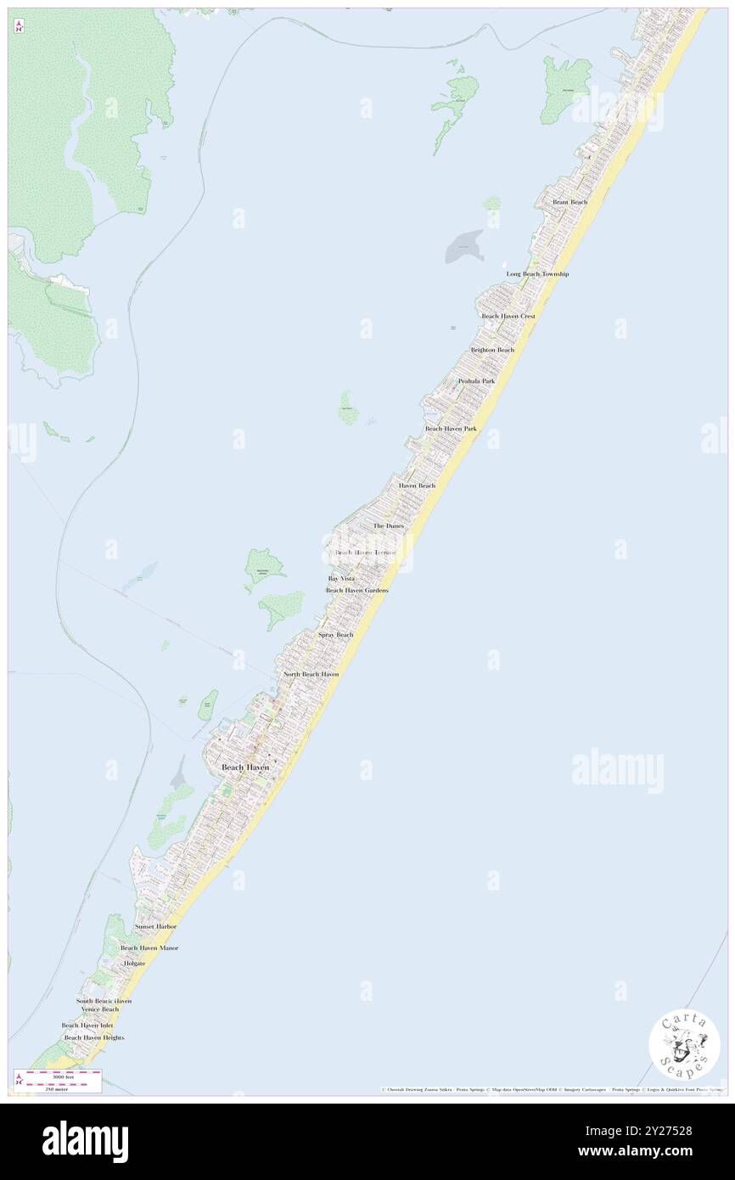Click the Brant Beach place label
point(569,202)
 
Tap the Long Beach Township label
point(537,274)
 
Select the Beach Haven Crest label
point(508,316)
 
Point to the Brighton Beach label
point(492,350)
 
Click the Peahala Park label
point(476,381)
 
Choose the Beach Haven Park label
point(451,429)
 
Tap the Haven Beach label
point(417,486)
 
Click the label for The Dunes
point(389,526)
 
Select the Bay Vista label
point(342,578)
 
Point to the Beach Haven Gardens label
point(356,590)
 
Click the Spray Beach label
point(335,635)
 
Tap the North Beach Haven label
point(311,674)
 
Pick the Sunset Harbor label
point(155,926)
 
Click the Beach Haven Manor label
point(149,947)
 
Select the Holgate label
point(134,964)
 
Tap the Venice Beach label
point(100,1009)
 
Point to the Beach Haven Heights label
point(94,1037)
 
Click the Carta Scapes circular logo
point(684,1046)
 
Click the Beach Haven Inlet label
point(87,1025)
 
